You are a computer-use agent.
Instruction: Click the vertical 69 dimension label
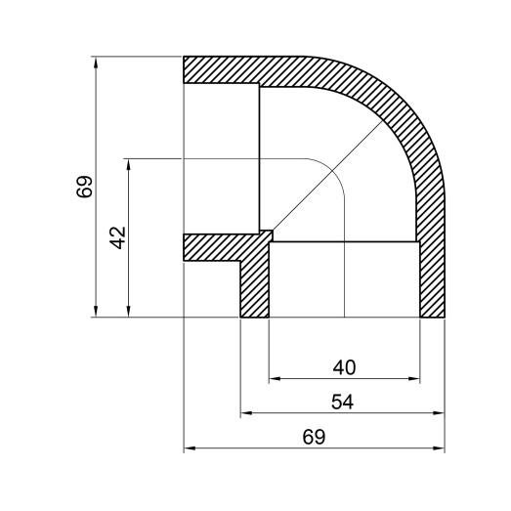(85, 187)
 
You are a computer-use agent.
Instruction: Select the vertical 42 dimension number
(118, 237)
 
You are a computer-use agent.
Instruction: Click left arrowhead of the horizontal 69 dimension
(190, 449)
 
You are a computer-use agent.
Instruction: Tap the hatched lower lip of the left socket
(210, 247)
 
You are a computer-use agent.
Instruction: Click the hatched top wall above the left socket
(234, 69)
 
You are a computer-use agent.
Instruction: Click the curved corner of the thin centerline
(332, 171)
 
